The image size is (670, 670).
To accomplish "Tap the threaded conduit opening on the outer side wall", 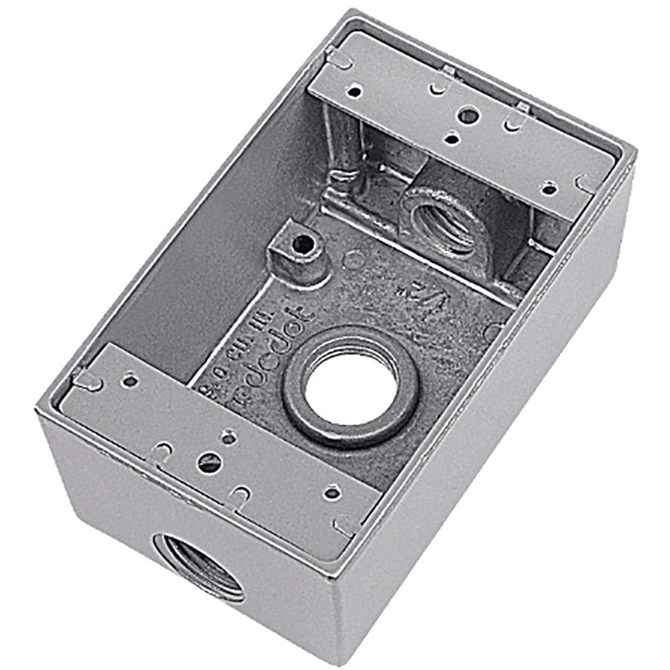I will [199, 565].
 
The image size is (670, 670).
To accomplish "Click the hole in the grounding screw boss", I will [304, 245].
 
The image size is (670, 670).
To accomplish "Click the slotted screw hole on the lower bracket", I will [208, 461].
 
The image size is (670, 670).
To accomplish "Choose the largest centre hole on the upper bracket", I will [469, 115].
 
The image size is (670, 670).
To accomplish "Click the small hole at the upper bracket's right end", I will [549, 189].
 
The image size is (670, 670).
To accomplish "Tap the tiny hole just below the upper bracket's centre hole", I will [453, 139].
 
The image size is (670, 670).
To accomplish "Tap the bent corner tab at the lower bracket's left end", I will [87, 381].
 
